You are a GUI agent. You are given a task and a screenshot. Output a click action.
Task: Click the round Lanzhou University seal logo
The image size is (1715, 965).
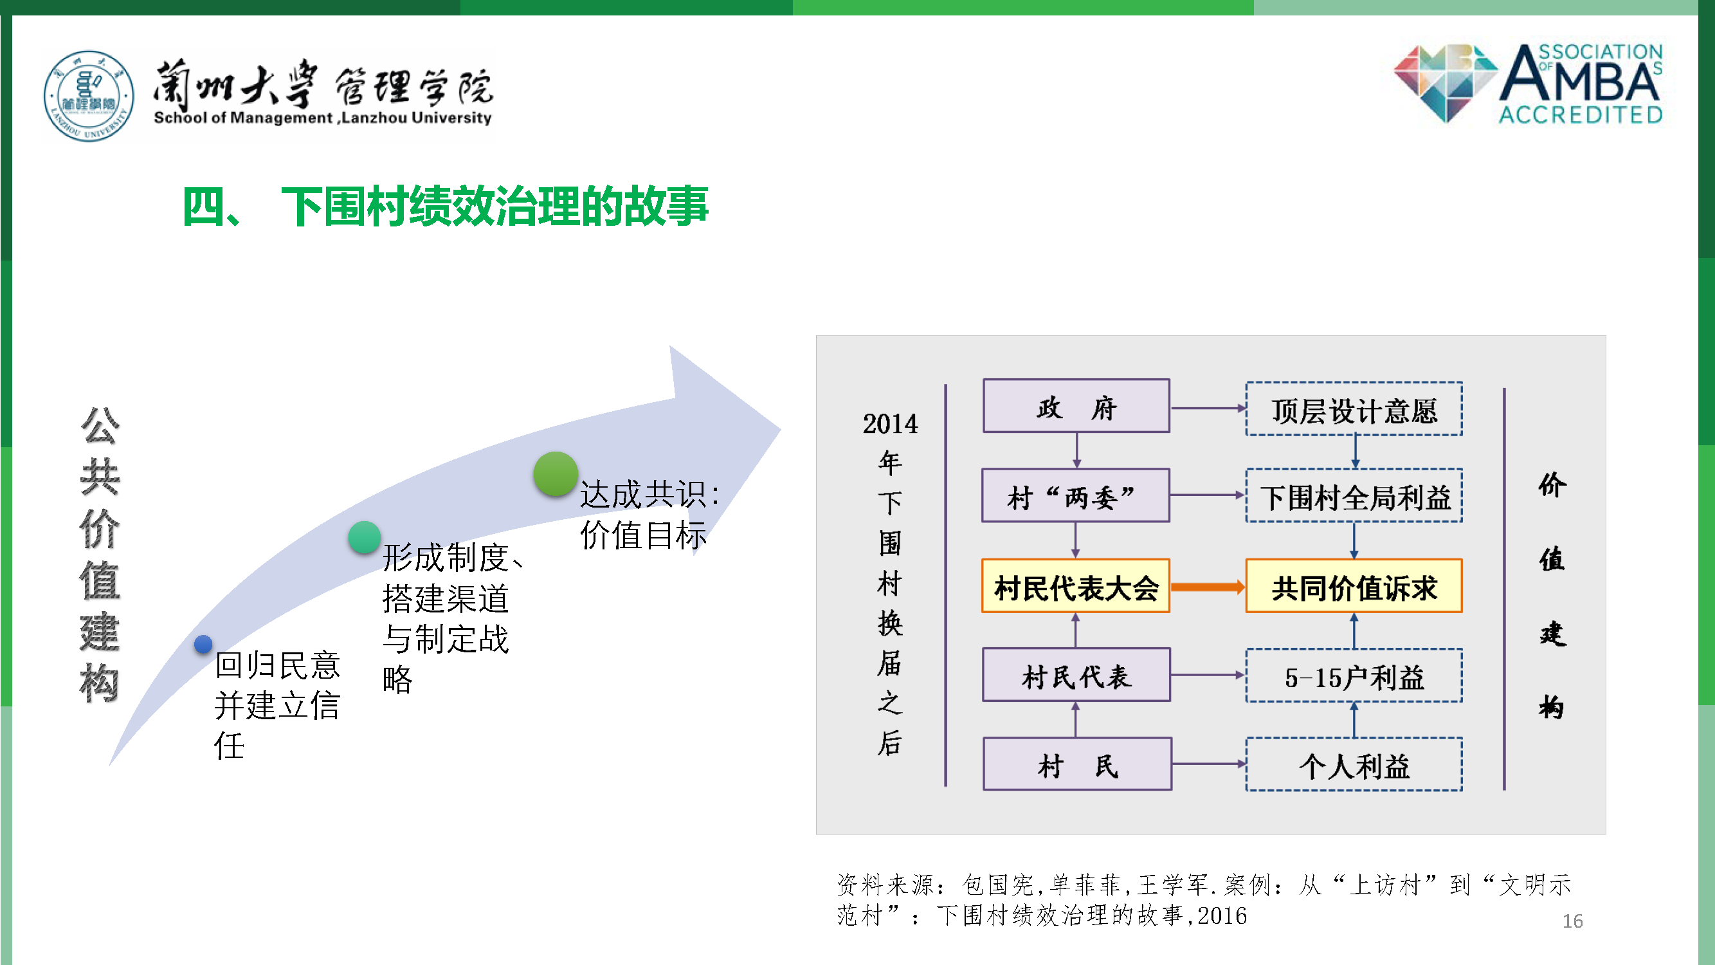click(89, 96)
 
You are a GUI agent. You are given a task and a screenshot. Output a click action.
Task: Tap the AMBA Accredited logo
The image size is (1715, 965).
click(1528, 84)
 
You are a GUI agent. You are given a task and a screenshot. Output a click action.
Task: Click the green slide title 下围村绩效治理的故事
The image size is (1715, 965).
click(495, 207)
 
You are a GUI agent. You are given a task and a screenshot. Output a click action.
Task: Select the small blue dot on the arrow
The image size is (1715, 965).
click(203, 644)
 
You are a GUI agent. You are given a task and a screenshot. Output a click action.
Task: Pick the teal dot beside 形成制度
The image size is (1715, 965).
click(364, 537)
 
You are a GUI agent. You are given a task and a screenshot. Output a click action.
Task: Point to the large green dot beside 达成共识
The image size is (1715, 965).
click(555, 474)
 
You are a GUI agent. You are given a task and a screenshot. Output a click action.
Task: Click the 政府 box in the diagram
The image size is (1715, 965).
click(1076, 406)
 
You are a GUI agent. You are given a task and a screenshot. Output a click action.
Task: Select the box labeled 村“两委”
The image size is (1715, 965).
click(1075, 495)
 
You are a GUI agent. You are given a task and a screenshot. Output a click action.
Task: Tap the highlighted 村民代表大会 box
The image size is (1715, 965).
click(1075, 586)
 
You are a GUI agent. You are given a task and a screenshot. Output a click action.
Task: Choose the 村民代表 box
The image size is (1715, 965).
click(1076, 675)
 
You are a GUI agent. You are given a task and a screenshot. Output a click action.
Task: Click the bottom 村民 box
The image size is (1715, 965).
click(1077, 764)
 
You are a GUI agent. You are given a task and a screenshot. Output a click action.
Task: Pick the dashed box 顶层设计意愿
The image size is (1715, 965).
click(1354, 409)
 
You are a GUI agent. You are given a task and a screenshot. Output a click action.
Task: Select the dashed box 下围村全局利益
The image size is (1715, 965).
click(1354, 495)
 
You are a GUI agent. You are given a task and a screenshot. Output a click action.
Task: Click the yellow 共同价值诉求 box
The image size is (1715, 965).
click(1354, 586)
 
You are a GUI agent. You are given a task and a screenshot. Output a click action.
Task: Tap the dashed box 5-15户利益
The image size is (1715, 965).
click(1354, 675)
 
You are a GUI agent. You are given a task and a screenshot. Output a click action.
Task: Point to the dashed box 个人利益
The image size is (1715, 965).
click(1354, 764)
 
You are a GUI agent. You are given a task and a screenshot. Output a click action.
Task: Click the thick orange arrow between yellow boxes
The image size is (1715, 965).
click(1208, 587)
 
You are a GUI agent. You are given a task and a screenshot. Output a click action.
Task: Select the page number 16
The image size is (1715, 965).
click(1572, 921)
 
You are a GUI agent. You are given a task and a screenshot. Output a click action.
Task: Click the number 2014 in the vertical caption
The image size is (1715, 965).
click(890, 424)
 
